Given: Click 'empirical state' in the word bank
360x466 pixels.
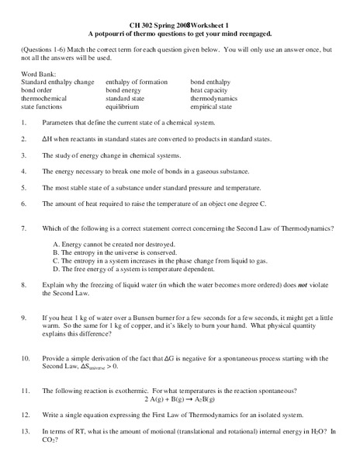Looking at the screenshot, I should [x=211, y=107].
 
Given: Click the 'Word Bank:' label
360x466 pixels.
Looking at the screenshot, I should [x=37, y=72].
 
